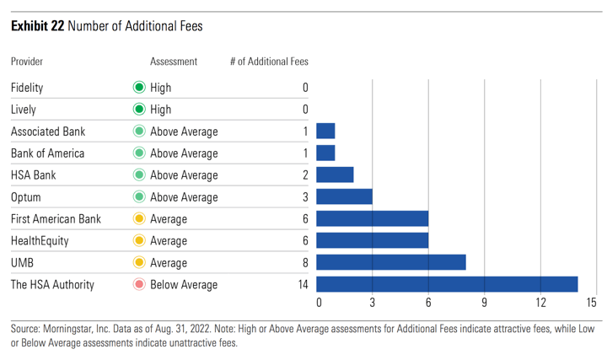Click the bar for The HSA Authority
(x=447, y=284)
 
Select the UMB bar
(x=391, y=262)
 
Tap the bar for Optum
(x=344, y=197)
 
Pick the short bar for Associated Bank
(x=325, y=132)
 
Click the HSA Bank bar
(x=335, y=175)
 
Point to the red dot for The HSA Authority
(x=139, y=285)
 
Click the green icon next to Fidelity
(x=139, y=88)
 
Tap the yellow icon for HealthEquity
(x=139, y=241)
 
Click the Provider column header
(x=27, y=62)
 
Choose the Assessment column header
(x=174, y=62)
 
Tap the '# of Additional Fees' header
(x=269, y=62)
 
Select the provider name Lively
(x=24, y=110)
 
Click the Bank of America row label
(x=46, y=153)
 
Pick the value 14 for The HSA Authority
(x=303, y=285)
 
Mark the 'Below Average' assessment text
(x=184, y=285)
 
